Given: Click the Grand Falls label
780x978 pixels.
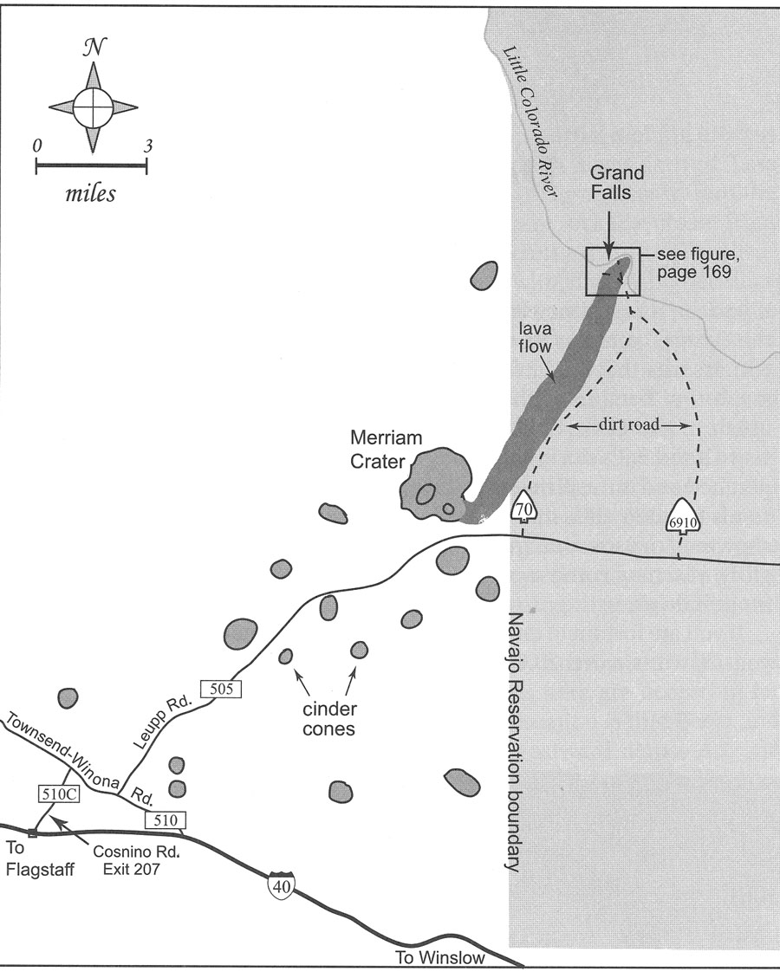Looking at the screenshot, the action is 616,182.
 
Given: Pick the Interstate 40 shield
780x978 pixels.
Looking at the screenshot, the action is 282,884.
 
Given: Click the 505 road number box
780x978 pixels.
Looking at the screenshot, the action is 221,689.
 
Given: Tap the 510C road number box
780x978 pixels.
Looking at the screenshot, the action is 59,793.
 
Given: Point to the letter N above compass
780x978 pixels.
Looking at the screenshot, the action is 94,47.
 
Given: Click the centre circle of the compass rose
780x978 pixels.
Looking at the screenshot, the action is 93,107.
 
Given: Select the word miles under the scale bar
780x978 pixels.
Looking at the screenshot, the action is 90,193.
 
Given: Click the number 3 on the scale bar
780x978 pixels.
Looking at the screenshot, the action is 148,146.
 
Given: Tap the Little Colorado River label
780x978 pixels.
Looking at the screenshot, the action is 530,122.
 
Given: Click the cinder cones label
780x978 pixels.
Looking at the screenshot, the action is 329,718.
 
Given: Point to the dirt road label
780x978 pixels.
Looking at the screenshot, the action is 629,424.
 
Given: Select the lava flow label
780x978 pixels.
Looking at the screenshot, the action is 535,338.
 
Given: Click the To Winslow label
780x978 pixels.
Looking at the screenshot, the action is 440,957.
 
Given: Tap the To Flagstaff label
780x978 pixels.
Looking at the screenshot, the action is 39,858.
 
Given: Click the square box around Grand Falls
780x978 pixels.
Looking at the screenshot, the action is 586,271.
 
